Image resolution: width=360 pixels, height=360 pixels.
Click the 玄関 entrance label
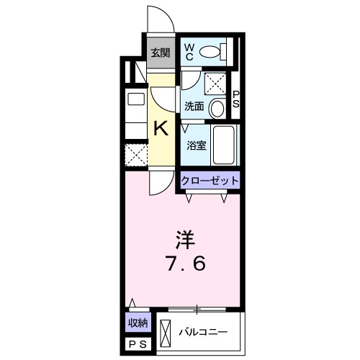(161, 52)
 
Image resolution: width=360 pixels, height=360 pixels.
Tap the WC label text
(189, 51)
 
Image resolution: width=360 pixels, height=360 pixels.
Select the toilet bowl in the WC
(211, 52)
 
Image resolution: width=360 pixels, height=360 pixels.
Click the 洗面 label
(194, 107)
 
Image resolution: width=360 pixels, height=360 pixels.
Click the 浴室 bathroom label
(197, 144)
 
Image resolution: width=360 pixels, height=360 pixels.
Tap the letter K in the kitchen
(161, 129)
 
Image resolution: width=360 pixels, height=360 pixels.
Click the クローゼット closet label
(209, 181)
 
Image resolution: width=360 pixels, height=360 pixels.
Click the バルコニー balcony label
(203, 333)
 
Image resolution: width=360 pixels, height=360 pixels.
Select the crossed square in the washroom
(215, 83)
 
